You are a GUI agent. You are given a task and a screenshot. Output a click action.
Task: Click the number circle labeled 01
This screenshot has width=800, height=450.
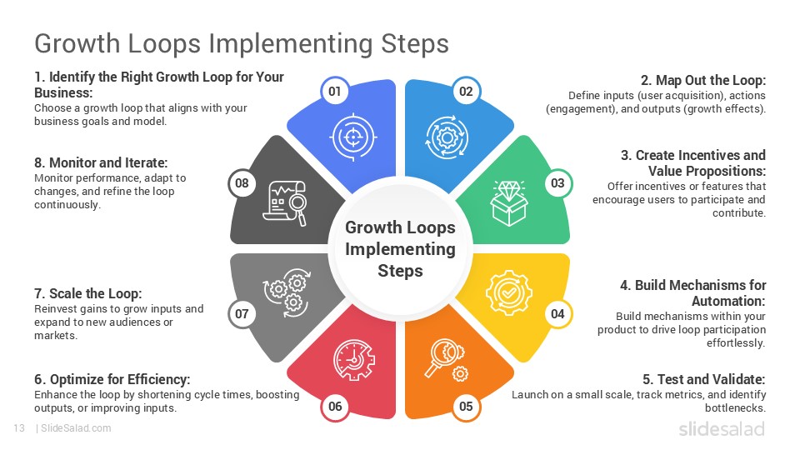[335, 92]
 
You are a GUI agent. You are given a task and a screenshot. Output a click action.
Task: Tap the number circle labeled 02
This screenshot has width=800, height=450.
[466, 92]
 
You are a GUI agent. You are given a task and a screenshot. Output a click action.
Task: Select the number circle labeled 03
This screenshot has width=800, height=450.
[557, 183]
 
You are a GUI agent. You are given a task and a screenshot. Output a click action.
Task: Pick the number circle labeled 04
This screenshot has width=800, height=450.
[557, 314]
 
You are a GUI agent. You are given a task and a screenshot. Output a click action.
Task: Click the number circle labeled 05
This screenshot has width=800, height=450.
[466, 407]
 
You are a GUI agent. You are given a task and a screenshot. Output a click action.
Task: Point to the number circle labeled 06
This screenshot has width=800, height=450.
[335, 407]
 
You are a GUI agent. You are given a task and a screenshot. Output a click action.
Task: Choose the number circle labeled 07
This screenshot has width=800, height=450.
[242, 314]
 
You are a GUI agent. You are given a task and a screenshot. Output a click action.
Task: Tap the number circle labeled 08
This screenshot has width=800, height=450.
[242, 183]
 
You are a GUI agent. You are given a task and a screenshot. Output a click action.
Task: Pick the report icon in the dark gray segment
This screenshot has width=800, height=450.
[285, 203]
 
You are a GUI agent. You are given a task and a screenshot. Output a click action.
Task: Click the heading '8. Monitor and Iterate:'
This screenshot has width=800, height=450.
[101, 162]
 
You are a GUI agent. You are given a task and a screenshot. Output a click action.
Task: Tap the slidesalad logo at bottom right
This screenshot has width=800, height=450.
[721, 428]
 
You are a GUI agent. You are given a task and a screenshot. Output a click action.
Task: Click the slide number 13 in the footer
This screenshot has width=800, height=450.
[18, 428]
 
